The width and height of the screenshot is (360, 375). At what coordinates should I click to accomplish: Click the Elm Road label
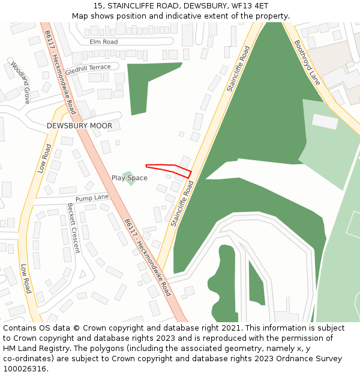[103, 42]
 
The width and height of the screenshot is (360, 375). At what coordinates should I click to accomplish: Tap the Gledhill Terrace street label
[88, 68]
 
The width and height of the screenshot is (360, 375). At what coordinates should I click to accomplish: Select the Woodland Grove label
[19, 82]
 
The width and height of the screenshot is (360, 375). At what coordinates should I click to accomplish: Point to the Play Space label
[129, 178]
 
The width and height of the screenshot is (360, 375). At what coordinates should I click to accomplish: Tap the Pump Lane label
[92, 197]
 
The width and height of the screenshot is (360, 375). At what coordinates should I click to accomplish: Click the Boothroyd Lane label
[308, 62]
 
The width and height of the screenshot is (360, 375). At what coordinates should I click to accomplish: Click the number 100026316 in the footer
[23, 369]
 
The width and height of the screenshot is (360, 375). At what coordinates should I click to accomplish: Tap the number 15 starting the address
[98, 5]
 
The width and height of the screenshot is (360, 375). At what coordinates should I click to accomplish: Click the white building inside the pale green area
[325, 122]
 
